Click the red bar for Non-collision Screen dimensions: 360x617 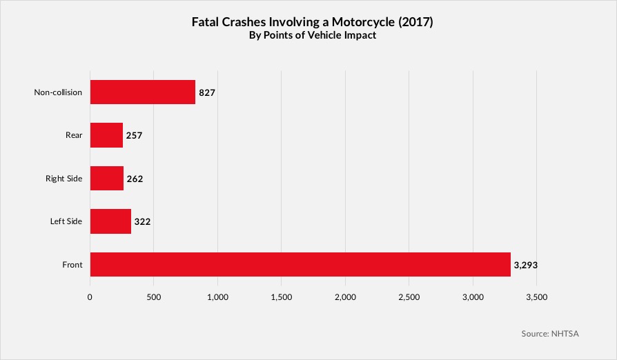click(x=142, y=92)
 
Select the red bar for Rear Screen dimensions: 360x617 click(x=106, y=135)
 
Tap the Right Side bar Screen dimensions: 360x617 click(x=107, y=179)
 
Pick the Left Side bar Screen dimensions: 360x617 click(x=110, y=221)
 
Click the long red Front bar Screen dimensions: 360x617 click(x=300, y=264)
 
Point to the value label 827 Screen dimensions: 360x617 click(x=208, y=92)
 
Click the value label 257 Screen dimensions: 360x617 click(x=134, y=135)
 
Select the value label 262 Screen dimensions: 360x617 click(x=135, y=179)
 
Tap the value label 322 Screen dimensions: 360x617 click(x=142, y=221)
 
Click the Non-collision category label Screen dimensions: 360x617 click(x=58, y=92)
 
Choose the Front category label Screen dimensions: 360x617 click(x=72, y=264)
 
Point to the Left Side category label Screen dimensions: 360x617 click(x=66, y=221)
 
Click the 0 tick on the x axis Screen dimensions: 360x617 click(x=90, y=297)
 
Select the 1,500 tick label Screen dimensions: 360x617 click(x=282, y=297)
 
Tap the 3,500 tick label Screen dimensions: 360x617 click(x=536, y=297)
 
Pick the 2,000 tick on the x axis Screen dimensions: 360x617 click(x=345, y=297)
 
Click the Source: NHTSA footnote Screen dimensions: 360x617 click(x=550, y=334)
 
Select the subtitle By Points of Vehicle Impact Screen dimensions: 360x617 click(x=312, y=36)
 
